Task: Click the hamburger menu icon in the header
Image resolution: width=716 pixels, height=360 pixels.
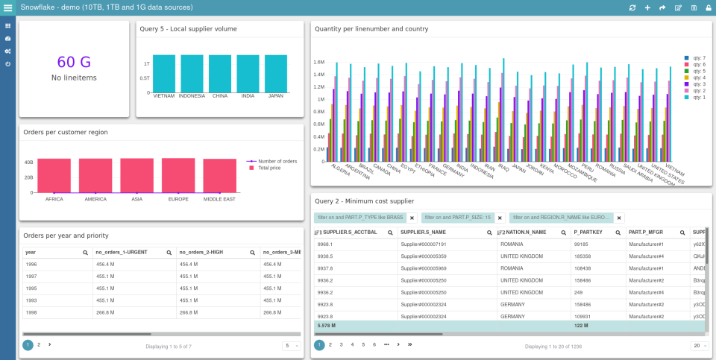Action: (x=7, y=7)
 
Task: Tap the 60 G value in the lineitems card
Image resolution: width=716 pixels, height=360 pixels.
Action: (x=73, y=62)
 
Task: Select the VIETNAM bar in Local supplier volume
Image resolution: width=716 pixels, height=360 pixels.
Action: (x=164, y=74)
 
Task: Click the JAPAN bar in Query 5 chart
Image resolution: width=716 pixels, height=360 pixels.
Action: (x=275, y=74)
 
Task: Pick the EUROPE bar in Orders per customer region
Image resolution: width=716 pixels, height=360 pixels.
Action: (x=178, y=175)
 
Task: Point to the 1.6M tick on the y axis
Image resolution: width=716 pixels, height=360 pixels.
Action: (x=318, y=63)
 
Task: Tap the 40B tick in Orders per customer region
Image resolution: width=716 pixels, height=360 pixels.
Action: (x=28, y=162)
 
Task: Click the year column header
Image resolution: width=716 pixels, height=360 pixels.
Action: (x=31, y=253)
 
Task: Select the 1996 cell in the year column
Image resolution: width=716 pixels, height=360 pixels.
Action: (x=31, y=264)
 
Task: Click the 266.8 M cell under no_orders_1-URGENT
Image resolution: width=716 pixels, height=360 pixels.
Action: (x=105, y=312)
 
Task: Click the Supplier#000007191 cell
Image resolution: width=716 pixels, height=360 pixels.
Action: (x=424, y=244)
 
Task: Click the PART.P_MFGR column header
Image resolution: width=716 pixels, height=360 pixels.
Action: (x=646, y=233)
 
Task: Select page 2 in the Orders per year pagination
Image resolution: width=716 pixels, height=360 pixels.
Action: (x=39, y=345)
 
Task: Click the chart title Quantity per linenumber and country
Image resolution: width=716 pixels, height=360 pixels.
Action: (x=371, y=29)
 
